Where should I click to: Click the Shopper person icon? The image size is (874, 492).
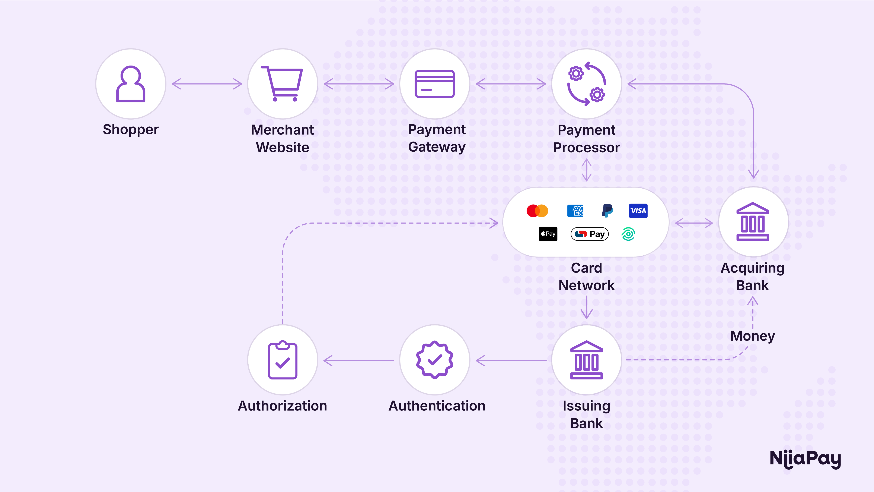131,84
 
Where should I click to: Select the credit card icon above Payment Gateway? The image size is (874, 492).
435,84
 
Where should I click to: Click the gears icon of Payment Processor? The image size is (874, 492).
587,84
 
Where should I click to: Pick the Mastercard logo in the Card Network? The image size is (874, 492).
537,211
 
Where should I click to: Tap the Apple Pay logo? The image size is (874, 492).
548,234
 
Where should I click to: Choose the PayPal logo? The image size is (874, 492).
607,211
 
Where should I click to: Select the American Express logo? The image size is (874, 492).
575,211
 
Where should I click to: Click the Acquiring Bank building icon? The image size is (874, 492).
753,222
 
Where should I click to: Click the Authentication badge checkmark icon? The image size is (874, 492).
435,360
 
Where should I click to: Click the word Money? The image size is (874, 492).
753,336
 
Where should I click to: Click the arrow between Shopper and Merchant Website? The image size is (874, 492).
207,84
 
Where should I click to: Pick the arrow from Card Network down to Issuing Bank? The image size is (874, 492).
587,307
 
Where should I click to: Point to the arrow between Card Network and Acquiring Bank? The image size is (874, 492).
694,223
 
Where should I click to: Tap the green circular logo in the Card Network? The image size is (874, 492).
628,234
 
